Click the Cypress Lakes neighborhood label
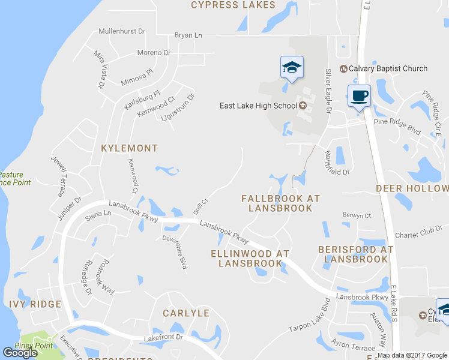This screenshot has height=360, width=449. [233, 5]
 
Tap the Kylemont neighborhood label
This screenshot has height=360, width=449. [130, 148]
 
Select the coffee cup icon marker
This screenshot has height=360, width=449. [359, 96]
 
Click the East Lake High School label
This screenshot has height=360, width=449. [258, 106]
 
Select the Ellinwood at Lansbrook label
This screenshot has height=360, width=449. [251, 258]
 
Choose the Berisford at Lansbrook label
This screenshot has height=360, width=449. [356, 254]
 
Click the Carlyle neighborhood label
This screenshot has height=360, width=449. [187, 313]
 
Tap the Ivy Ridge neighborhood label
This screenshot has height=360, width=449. [35, 304]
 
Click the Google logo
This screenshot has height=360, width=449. [20, 353]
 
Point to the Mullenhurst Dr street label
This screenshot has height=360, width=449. [122, 31]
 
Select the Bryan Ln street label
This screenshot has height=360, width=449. [188, 35]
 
